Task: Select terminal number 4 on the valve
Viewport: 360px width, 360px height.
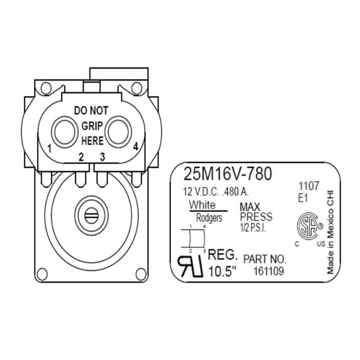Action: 135,147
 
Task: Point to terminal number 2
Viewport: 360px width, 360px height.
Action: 81,157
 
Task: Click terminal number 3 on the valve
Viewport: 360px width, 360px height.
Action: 102,157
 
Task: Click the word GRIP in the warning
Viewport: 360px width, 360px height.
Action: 92,125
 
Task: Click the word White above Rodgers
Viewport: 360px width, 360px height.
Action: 202,205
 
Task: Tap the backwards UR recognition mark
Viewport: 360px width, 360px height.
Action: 190,263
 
